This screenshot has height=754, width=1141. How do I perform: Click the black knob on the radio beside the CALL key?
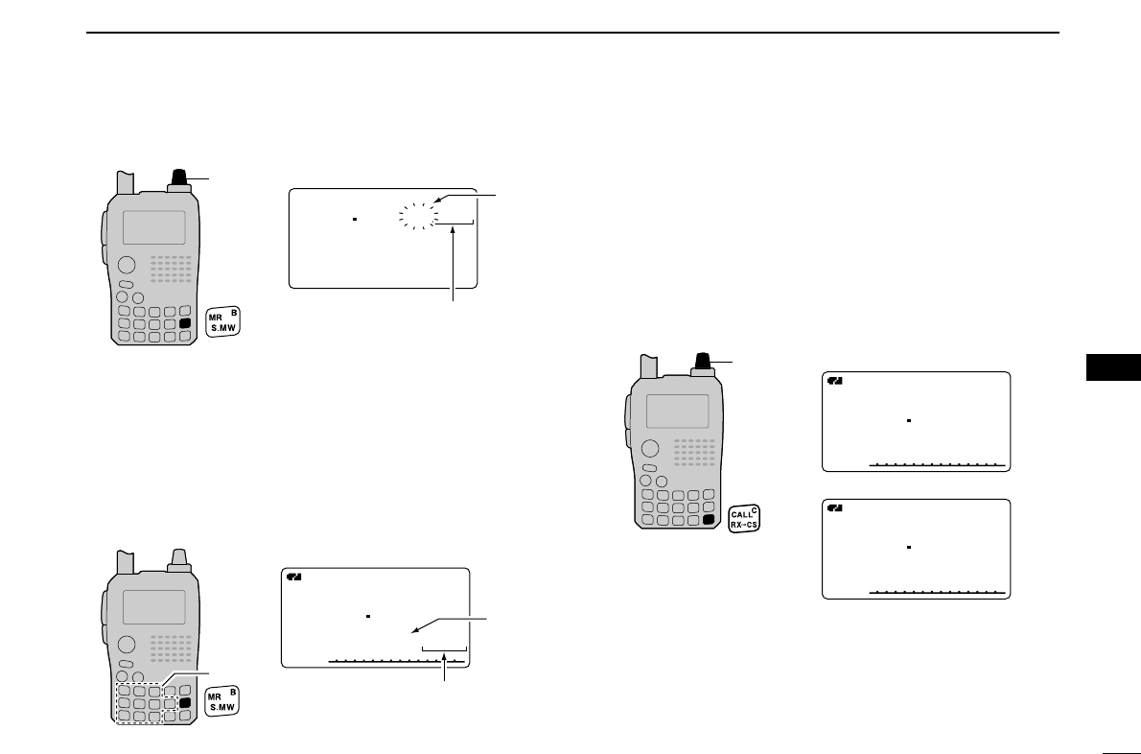(702, 362)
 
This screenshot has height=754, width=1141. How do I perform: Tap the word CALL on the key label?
(744, 513)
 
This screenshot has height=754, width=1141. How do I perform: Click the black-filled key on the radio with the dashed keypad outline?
(185, 701)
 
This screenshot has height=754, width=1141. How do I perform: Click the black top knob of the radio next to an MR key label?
(178, 177)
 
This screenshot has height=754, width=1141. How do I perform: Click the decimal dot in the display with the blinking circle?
(354, 220)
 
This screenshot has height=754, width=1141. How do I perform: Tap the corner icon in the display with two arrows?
(291, 577)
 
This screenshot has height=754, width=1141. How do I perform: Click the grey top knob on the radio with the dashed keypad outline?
(177, 556)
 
